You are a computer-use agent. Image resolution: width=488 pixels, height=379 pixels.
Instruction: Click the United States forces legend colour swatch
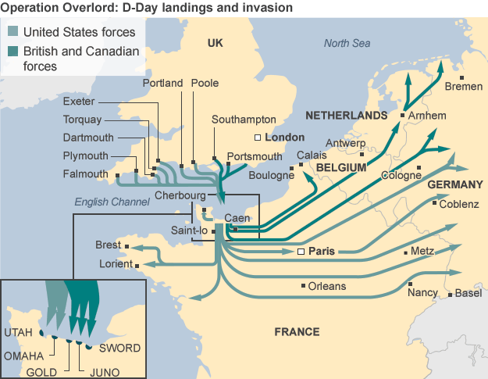[x=12, y=33]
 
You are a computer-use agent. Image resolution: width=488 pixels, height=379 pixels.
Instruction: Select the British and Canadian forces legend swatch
[x=12, y=52]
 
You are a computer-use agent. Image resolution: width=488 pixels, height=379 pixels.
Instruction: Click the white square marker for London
[x=259, y=138]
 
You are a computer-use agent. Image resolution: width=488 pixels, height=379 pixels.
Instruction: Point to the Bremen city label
[x=462, y=87]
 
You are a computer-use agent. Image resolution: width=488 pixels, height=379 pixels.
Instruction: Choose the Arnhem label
[x=427, y=116]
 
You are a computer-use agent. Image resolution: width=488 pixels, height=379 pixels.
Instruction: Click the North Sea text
[x=347, y=43]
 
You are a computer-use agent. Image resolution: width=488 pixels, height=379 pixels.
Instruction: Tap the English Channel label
[x=112, y=202]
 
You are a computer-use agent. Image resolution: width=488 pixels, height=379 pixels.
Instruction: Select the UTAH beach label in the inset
[x=19, y=332]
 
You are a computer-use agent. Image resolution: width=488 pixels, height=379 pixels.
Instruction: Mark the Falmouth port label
[x=85, y=173]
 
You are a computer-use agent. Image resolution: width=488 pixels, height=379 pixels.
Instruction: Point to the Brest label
[x=108, y=245]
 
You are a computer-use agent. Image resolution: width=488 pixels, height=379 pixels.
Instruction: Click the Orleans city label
[x=327, y=286]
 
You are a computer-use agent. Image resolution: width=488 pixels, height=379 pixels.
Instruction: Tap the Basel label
[x=468, y=294]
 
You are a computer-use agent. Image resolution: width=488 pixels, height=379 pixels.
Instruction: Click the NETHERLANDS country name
[x=346, y=115]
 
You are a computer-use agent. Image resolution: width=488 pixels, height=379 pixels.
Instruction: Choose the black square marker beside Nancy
[x=410, y=283]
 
